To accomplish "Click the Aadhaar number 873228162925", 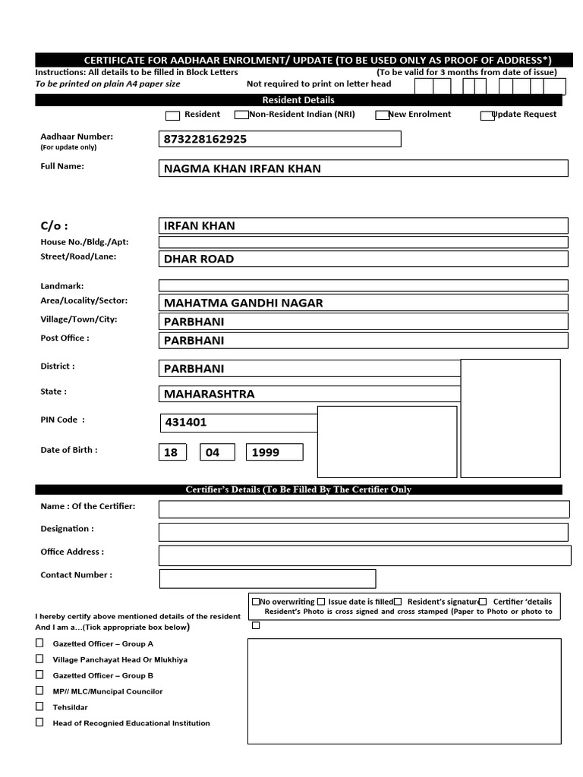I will tap(205, 140).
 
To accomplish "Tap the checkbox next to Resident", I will tap(172, 115).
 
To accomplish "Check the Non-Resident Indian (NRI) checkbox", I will tap(241, 115).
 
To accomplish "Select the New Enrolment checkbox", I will tap(382, 115).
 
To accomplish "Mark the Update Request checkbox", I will tap(487, 115).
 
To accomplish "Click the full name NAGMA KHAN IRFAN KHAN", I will tap(242, 168).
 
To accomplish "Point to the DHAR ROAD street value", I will tap(199, 259).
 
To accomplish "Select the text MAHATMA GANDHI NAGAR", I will tap(243, 303).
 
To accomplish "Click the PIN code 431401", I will tap(185, 423).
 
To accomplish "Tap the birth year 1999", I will tap(266, 452).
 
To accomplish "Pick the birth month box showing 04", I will tap(213, 452).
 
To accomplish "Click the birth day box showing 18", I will tap(171, 452).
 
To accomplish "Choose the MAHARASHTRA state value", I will tap(210, 394).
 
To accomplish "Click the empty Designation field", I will tap(363, 532).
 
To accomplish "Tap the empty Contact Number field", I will tap(267, 579).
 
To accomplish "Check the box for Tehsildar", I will tap(39, 706).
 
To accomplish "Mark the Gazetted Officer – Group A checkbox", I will tap(39, 643).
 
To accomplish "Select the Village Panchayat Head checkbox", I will tap(39, 659).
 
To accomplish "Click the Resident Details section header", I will tap(298, 100).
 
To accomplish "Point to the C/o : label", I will tap(54, 225).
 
